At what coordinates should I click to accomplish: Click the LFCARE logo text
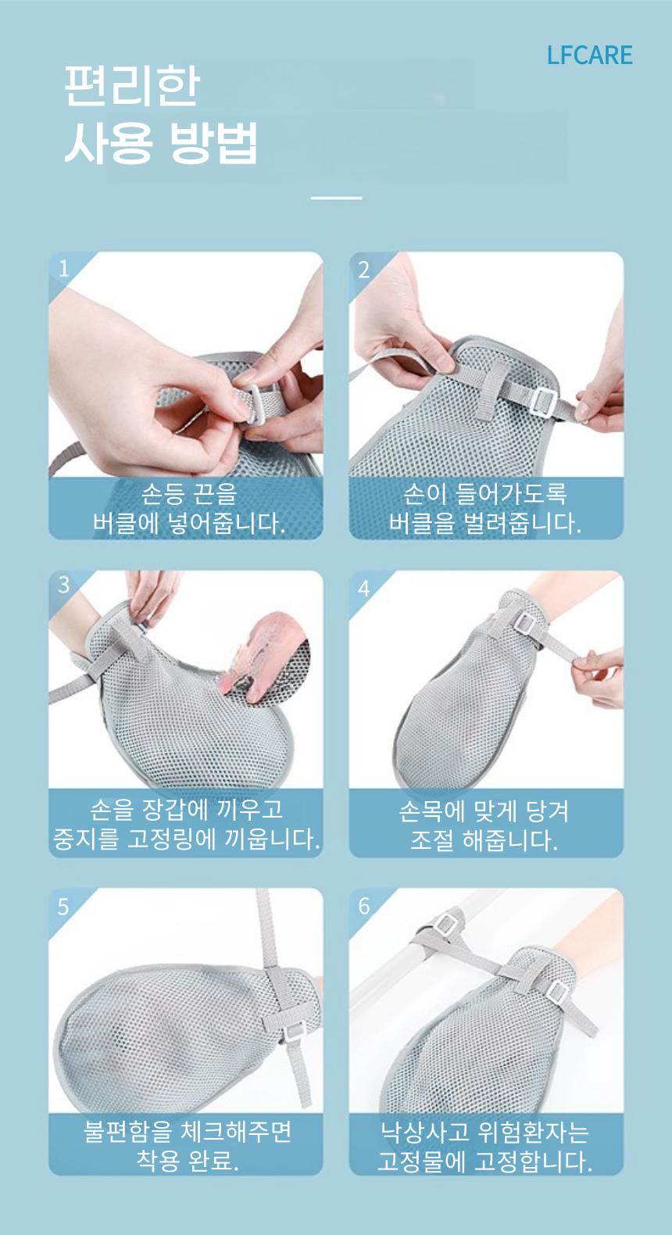coord(589,55)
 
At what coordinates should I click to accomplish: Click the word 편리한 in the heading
coord(132,86)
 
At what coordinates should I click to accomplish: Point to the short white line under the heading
coord(336,198)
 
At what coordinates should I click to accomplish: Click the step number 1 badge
coord(64,269)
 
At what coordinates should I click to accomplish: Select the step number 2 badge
coord(364,270)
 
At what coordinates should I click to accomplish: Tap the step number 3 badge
coord(64,585)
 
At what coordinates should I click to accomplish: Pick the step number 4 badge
coord(364,589)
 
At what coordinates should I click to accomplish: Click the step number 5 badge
coord(63,907)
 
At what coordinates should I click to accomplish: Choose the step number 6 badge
coord(364,906)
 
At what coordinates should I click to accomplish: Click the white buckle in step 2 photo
coord(543,402)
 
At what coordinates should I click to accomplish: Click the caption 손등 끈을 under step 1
coord(188,494)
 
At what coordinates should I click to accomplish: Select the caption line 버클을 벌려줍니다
coord(484,523)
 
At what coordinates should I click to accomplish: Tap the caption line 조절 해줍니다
coord(484,841)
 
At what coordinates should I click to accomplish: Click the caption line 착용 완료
coord(188,1160)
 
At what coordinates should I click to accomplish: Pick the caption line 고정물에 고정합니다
coord(484,1162)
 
